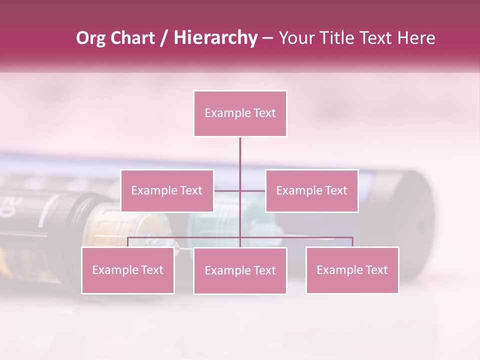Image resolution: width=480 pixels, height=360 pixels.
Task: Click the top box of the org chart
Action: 240,113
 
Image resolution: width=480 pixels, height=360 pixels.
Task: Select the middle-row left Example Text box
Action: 167,190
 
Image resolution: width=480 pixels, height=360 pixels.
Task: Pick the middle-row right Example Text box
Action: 311,190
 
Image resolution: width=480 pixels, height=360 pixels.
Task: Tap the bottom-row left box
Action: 127,270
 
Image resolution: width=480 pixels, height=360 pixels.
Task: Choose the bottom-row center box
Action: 240,270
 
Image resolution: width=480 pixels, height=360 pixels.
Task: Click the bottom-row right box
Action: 352,270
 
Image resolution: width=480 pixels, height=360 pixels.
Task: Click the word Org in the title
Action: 90,38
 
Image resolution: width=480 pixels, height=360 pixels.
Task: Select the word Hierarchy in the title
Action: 215,38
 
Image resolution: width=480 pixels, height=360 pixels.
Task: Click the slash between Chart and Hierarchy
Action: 163,38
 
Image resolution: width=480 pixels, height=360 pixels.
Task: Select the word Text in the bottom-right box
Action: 376,270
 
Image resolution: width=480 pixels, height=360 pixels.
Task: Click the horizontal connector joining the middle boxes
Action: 240,190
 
